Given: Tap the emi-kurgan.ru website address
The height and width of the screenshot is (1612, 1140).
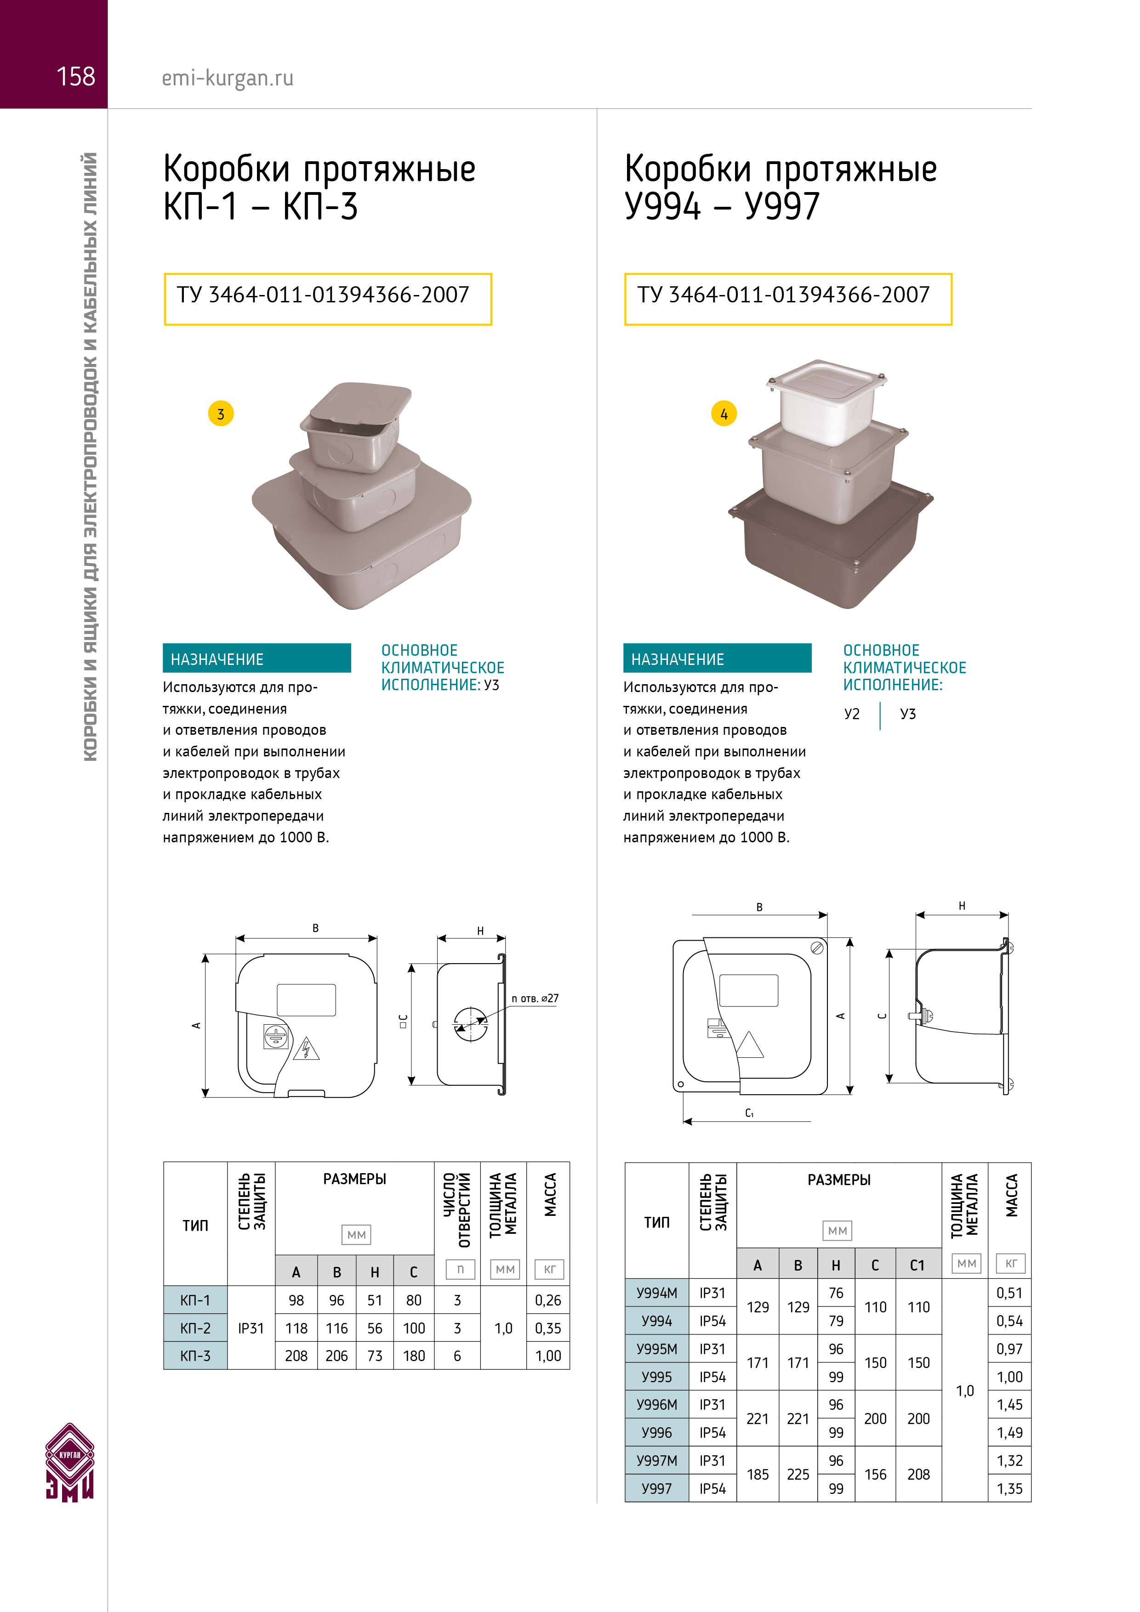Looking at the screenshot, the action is click(x=228, y=78).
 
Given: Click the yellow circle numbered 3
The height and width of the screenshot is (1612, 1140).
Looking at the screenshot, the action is click(x=221, y=414).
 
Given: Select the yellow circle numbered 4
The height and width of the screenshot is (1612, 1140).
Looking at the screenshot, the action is click(x=724, y=414).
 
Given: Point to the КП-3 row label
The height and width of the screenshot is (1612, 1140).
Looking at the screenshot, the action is click(x=195, y=1356).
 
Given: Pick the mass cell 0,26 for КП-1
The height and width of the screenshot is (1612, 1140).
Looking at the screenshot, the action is click(x=548, y=1300).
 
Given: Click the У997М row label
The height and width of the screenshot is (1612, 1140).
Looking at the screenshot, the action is click(x=657, y=1461).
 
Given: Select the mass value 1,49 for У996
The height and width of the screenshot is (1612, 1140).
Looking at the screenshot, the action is click(x=1009, y=1433).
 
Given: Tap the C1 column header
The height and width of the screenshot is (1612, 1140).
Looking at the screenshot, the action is click(x=918, y=1265).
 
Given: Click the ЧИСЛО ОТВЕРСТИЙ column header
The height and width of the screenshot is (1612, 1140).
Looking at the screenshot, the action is click(x=457, y=1210).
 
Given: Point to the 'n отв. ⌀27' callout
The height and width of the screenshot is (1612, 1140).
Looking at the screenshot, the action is click(x=535, y=999).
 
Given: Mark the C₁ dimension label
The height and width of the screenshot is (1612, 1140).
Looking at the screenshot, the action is click(x=749, y=1113).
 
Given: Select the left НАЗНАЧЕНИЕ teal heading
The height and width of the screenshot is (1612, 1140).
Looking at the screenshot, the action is click(x=256, y=658).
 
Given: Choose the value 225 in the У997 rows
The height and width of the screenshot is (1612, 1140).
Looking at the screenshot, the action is click(x=798, y=1475).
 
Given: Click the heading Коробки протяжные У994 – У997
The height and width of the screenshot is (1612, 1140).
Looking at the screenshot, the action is click(x=781, y=187).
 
